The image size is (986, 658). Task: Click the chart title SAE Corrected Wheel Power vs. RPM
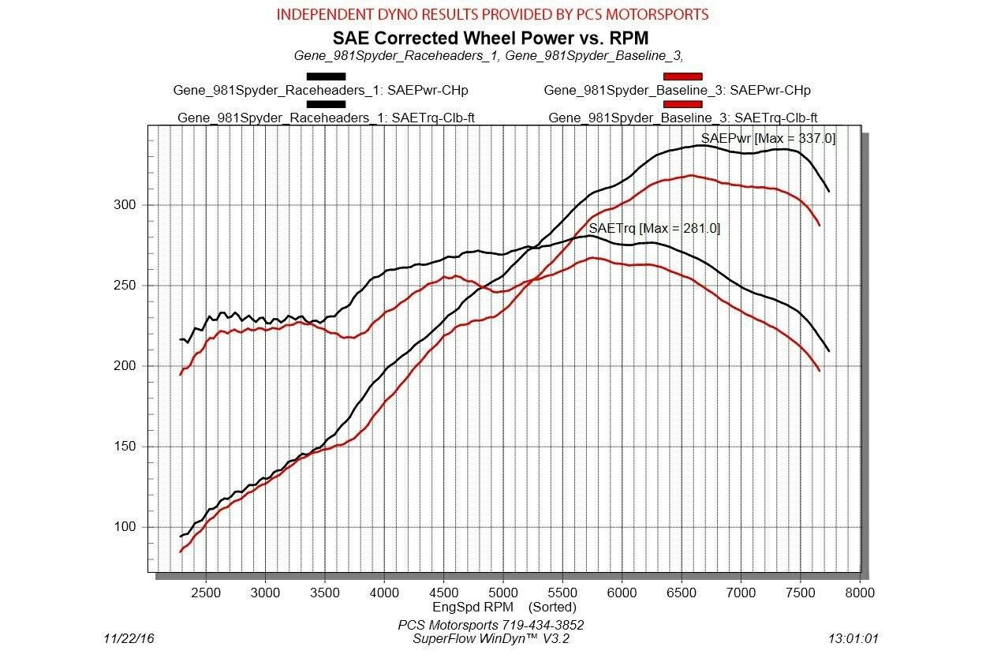tap(490, 37)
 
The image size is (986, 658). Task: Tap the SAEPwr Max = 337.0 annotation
tap(768, 139)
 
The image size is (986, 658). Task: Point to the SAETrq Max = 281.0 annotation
tap(654, 228)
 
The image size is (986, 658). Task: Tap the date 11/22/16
tap(129, 637)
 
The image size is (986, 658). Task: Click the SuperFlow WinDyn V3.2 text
tap(491, 637)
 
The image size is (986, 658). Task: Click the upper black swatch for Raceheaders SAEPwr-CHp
tap(327, 77)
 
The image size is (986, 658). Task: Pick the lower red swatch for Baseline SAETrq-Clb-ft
tap(682, 104)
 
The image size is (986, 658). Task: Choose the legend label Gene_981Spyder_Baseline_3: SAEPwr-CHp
tap(677, 90)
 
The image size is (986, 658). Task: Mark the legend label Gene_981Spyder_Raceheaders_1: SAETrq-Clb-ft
tap(326, 118)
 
